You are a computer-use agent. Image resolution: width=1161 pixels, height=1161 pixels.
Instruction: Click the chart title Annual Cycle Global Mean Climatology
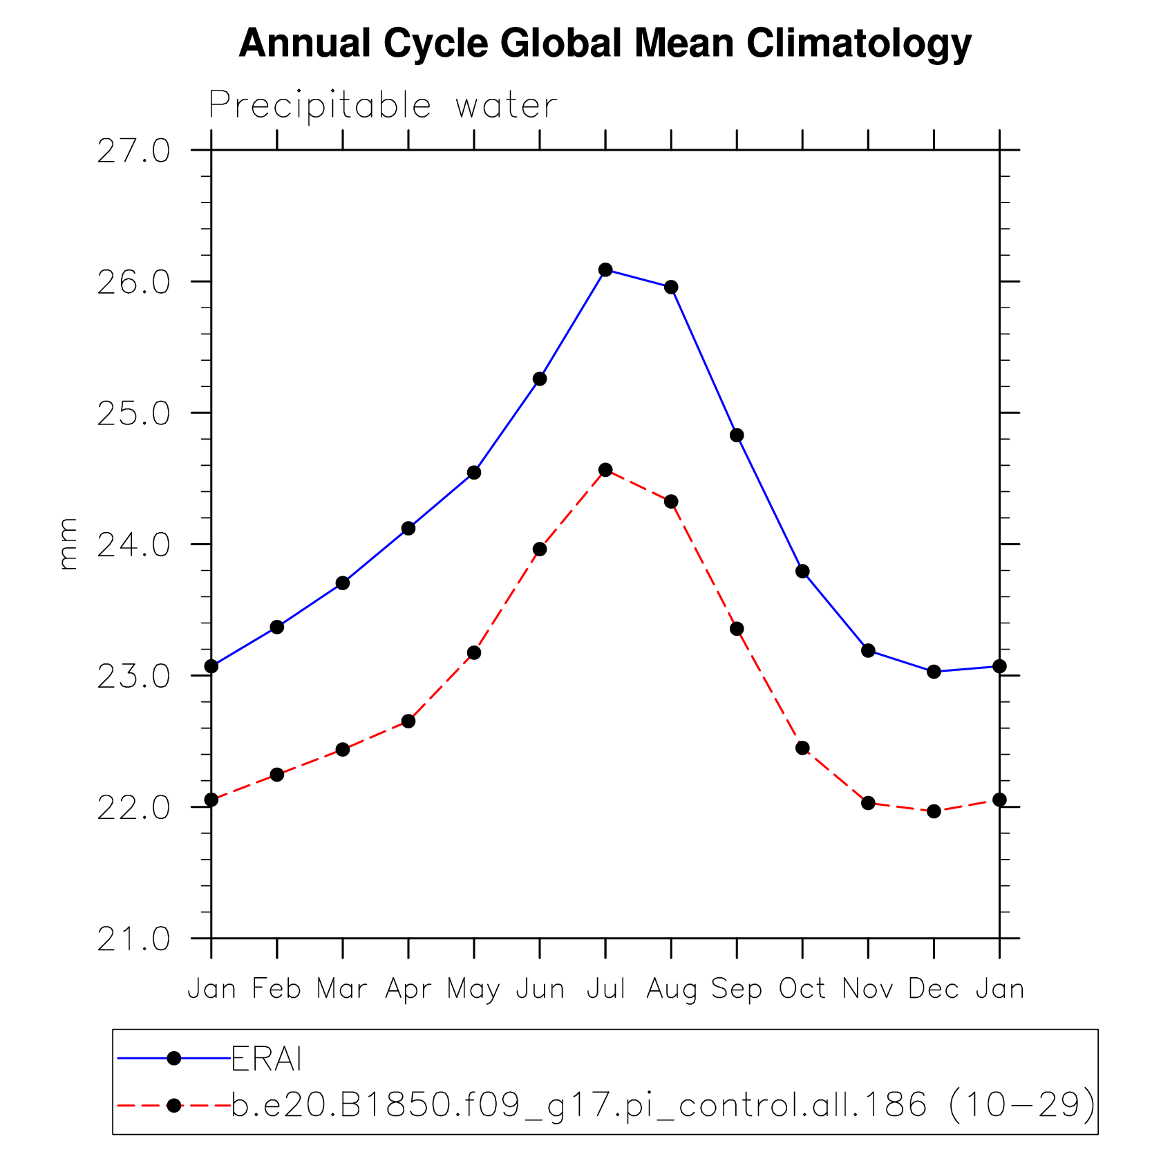tap(605, 44)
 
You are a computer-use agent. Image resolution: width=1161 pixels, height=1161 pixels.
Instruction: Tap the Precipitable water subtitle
tap(382, 106)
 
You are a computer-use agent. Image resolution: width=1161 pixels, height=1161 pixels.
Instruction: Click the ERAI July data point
tap(605, 270)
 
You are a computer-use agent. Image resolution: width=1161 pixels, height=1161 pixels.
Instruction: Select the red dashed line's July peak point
tap(605, 470)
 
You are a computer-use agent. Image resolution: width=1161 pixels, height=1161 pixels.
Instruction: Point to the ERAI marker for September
tap(737, 435)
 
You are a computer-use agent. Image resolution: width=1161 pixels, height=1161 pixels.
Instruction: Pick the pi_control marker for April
tap(408, 721)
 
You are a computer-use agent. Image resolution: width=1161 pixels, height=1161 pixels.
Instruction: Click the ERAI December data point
tap(934, 672)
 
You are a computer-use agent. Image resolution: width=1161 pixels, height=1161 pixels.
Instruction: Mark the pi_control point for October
tap(802, 748)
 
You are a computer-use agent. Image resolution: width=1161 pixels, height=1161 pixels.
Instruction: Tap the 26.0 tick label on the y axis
tap(133, 283)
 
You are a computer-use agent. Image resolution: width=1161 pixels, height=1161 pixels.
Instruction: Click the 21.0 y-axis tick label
tap(133, 939)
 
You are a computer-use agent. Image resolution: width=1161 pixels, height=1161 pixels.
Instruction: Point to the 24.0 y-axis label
tap(133, 545)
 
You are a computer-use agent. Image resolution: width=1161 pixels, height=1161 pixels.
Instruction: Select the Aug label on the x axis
tap(671, 990)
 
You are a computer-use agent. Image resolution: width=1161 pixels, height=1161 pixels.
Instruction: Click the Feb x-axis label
tap(276, 989)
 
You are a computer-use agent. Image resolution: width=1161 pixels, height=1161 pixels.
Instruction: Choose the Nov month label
tap(868, 989)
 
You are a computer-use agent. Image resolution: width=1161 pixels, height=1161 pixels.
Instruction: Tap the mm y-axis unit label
tap(68, 544)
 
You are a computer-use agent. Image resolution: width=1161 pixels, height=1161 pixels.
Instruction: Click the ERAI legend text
tap(267, 1059)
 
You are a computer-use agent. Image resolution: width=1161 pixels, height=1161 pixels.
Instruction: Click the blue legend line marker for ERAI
tap(174, 1058)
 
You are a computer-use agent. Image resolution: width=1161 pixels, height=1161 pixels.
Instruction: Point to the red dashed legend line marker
tap(174, 1106)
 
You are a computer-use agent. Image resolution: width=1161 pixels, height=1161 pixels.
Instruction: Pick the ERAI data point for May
tap(474, 473)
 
